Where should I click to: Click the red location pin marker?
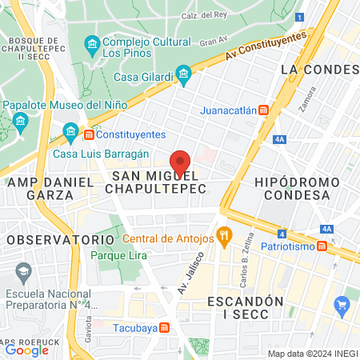click(x=180, y=162)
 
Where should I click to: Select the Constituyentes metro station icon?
click(x=89, y=134)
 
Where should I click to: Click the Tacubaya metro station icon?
click(x=164, y=327)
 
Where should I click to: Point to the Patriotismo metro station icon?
click(x=322, y=247)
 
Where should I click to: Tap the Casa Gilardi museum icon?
click(x=185, y=77)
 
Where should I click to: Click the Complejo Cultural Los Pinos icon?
click(x=93, y=42)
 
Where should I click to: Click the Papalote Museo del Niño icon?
click(x=20, y=121)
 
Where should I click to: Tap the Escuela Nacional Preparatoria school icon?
click(x=21, y=274)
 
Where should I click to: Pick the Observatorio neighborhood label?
click(x=61, y=239)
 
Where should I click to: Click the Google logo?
click(x=26, y=349)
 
